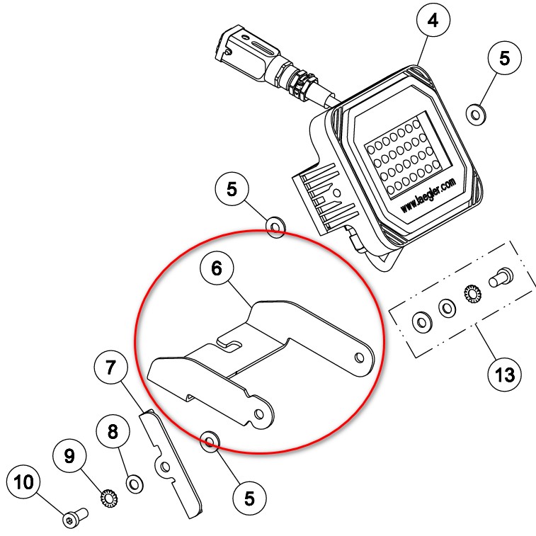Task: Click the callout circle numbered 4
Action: point(433,20)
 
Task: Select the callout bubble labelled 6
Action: point(217,268)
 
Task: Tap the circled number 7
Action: point(110,367)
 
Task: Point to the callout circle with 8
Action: point(113,431)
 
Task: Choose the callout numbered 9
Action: point(69,456)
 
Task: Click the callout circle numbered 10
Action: point(24,482)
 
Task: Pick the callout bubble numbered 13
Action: point(505,375)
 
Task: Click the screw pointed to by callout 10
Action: point(76,517)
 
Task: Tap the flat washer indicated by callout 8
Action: point(135,484)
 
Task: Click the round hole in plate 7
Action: point(165,467)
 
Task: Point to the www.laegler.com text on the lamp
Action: point(428,195)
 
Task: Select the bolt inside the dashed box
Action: point(501,278)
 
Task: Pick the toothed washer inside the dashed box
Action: point(472,293)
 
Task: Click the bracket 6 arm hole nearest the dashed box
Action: point(360,358)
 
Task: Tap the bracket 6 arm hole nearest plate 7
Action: point(259,414)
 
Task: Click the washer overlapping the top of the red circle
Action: point(276,227)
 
